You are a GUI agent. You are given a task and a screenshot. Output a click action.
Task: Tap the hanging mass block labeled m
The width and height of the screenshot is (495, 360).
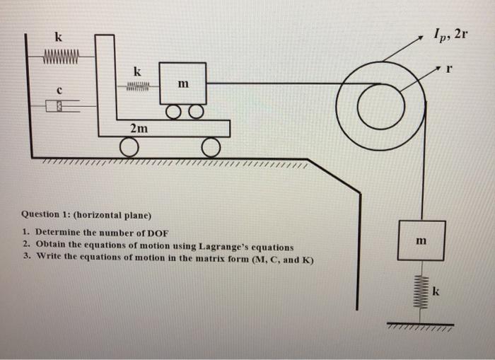click(x=421, y=241)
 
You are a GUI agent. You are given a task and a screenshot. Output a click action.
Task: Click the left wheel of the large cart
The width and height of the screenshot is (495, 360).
click(x=128, y=146)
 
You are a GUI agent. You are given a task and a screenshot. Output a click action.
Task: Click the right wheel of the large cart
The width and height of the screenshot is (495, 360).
click(x=210, y=146)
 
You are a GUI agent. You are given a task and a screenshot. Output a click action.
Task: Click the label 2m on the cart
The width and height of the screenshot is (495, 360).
click(x=139, y=127)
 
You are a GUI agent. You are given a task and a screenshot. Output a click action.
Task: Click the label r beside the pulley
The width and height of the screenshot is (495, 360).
click(x=447, y=69)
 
